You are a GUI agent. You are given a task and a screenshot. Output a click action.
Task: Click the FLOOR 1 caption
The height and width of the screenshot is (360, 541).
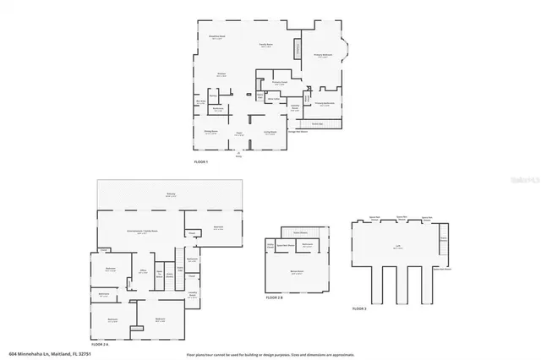click(202, 161)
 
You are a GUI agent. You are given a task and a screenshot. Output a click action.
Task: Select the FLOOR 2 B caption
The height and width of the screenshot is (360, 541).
click(274, 297)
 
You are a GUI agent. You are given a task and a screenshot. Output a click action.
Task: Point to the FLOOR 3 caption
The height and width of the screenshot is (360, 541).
click(359, 309)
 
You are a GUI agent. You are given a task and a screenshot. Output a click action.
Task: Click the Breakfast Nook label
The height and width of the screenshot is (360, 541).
click(217, 36)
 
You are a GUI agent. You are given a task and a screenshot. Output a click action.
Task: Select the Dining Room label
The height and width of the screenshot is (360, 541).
click(210, 131)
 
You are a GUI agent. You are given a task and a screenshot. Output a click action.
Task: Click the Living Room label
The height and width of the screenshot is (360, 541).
click(270, 131)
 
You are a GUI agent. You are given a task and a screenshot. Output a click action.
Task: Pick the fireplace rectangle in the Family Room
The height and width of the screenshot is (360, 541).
click(297, 49)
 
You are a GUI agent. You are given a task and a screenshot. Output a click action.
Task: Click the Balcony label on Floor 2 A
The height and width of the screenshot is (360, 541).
click(170, 194)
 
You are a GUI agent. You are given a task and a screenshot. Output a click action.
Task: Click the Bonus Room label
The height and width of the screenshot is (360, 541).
click(297, 271)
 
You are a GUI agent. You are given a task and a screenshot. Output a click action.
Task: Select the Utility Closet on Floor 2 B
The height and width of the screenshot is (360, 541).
click(270, 245)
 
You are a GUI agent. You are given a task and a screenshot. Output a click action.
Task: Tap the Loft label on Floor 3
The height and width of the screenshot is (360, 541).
click(397, 247)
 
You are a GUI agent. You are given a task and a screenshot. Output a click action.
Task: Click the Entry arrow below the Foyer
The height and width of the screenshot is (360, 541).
click(238, 153)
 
